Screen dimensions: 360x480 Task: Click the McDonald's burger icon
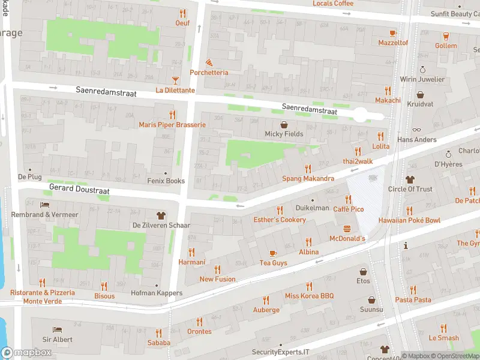coord(347,229)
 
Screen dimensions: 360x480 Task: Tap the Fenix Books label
coord(166,181)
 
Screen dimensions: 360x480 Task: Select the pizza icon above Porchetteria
coord(209,62)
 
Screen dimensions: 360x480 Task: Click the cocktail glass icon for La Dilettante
coord(175,80)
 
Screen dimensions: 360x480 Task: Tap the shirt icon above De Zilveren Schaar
coord(161,215)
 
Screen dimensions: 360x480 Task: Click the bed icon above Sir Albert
coord(57,329)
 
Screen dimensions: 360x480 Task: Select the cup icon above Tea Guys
coord(273,253)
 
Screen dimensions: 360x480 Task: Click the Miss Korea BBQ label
coord(309,296)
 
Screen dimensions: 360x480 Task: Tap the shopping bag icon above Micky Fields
coord(284,124)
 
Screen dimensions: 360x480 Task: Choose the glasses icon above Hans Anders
coord(416,130)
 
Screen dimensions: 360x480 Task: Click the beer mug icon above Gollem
coord(446,35)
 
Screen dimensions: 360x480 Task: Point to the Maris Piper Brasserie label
coord(172,125)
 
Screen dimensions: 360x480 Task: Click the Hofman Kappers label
coord(157,293)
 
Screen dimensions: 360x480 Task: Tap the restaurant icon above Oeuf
coord(182,13)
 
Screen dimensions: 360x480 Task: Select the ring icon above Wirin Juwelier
coord(422,69)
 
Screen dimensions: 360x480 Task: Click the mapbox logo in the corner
coord(26,353)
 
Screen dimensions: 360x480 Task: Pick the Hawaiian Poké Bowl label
coord(409,220)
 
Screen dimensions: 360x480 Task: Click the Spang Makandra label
coord(308,179)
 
